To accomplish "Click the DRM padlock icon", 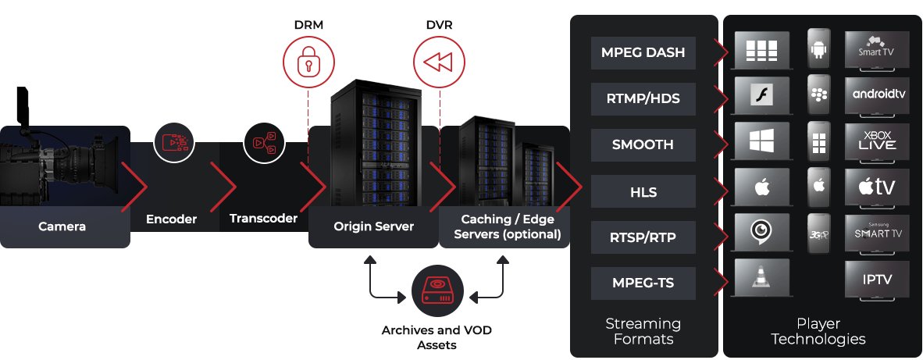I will point(308,60).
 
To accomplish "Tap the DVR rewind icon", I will point(439,60).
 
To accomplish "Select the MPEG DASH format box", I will point(643,52).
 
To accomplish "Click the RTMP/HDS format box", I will point(643,98).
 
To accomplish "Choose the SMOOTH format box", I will point(643,144).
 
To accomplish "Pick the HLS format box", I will point(643,191).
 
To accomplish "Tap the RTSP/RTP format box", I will point(643,237).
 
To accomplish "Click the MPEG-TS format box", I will point(643,283).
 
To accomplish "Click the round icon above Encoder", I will point(174,141).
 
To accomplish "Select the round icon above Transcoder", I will point(264,141).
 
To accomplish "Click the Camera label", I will point(62,227).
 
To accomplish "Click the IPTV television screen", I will point(877,279).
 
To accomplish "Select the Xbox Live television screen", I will point(877,141).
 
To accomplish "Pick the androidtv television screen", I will point(877,94).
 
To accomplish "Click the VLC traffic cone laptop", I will point(761,276).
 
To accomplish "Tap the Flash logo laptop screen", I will point(761,95).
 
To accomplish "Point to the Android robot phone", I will point(818,49).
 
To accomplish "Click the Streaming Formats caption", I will point(643,331).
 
